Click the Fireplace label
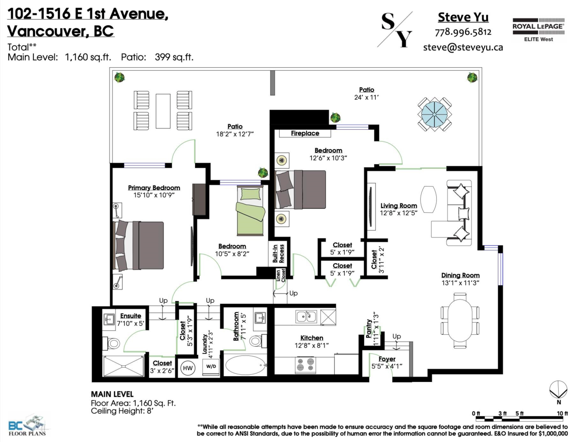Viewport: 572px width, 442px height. (305, 133)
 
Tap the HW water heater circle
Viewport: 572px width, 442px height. (188, 368)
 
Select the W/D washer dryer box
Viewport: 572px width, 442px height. (211, 367)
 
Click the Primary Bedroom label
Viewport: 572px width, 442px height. (154, 188)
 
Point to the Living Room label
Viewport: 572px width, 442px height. (399, 206)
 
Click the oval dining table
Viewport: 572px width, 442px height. (460, 320)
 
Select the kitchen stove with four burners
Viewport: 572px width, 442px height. (306, 365)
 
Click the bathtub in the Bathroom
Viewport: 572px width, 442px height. (245, 365)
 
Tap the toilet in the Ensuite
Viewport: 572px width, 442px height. (112, 343)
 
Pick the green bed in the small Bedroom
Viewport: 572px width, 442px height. (250, 211)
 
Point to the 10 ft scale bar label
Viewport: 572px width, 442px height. (562, 413)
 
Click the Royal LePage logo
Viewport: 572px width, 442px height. (538, 30)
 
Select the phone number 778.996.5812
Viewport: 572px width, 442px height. (463, 32)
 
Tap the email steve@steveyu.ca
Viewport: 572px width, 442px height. (463, 47)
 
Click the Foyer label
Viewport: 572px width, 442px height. (387, 359)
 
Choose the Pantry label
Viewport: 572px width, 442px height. (368, 328)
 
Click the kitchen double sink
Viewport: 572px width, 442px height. (306, 317)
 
